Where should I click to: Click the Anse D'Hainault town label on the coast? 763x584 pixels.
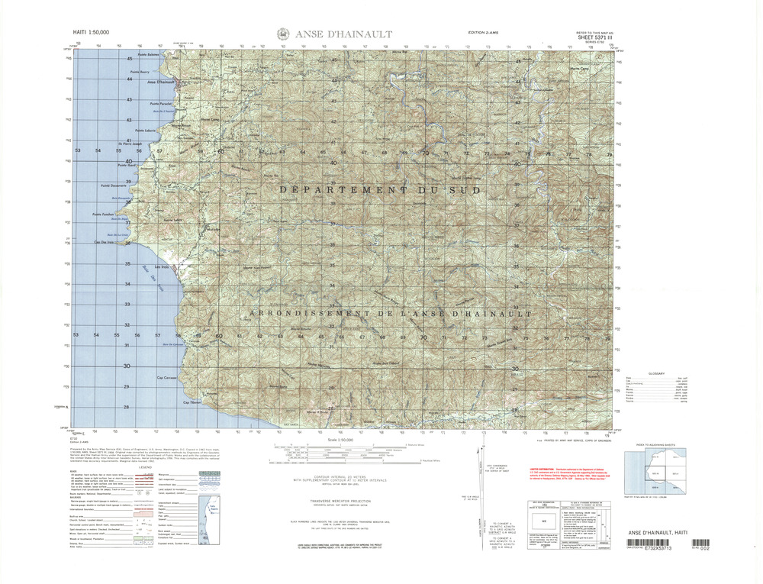point(161,82)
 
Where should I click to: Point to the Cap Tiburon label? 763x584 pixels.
point(191,402)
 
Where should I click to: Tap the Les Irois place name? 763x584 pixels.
point(161,267)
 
